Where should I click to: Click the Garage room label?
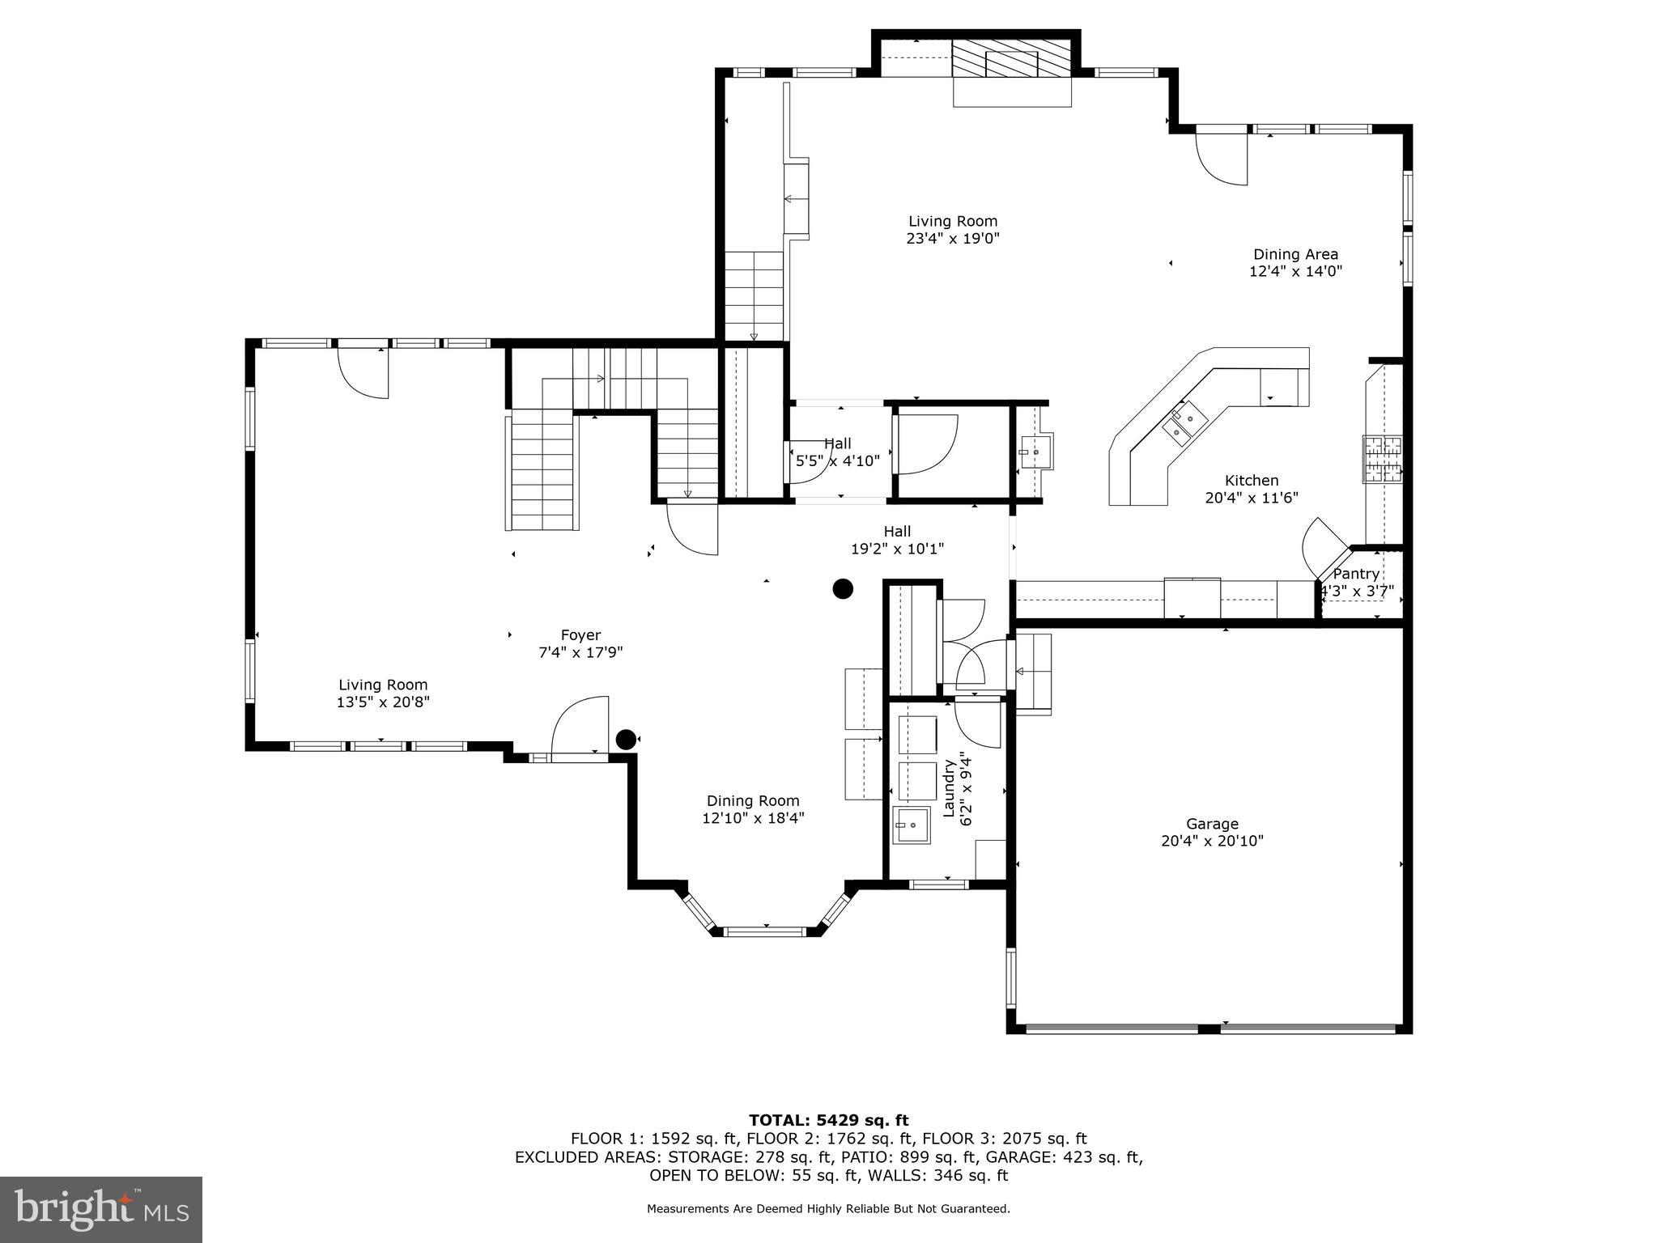click(x=1212, y=824)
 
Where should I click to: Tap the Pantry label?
click(x=1356, y=574)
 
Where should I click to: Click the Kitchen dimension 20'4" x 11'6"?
click(x=1251, y=498)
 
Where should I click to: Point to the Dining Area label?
click(x=1295, y=254)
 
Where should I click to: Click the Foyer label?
click(x=580, y=635)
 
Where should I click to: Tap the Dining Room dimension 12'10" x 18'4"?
click(x=753, y=818)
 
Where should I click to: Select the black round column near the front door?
click(x=626, y=739)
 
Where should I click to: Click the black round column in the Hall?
click(x=843, y=588)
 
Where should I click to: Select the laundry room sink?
click(x=912, y=825)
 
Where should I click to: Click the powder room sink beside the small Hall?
click(x=1035, y=452)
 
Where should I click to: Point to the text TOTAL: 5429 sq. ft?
click(x=828, y=1120)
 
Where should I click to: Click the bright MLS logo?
click(x=101, y=1209)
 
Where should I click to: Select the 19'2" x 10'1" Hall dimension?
click(x=897, y=549)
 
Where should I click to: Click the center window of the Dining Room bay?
click(x=765, y=931)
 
